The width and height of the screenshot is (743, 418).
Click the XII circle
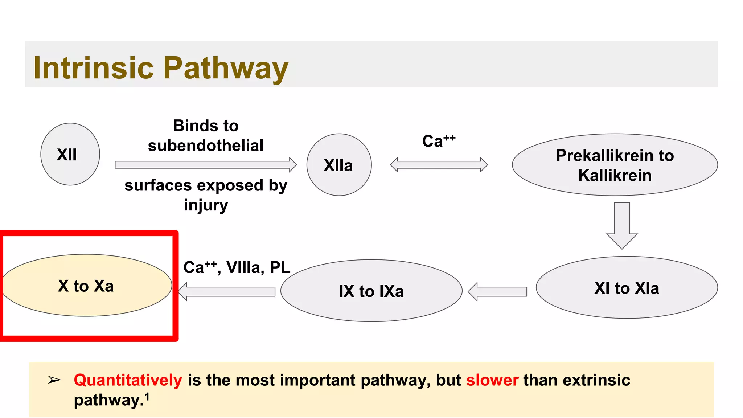coord(70,154)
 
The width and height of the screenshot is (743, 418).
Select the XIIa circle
coord(339,165)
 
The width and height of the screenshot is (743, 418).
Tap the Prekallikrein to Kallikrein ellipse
coord(615,165)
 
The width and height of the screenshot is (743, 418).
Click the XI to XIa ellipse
coord(627,288)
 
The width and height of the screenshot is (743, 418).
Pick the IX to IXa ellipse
coord(371,291)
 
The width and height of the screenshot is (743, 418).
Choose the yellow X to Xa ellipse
coord(86,286)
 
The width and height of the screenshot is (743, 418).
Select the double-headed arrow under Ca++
coord(439,165)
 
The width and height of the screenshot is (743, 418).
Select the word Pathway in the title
coord(226,68)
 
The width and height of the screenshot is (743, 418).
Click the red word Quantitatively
coord(128,380)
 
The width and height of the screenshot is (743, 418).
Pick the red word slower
coord(492,380)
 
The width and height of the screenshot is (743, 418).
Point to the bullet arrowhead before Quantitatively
coord(54,380)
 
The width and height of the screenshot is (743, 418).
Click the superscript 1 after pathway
coord(147,397)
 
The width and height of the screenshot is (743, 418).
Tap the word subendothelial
coord(205,146)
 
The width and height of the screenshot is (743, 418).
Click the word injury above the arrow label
coord(206,205)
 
